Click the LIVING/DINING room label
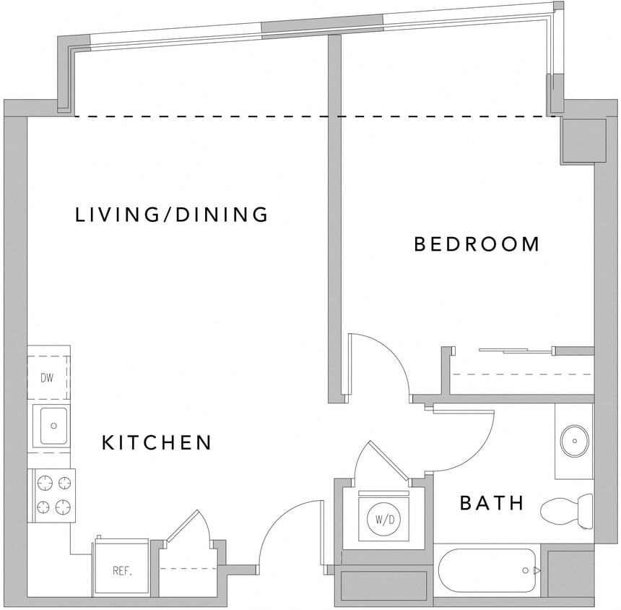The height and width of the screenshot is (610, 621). [x=172, y=215]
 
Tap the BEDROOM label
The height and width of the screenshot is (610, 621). [x=477, y=244]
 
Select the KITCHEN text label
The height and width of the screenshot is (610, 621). [x=157, y=442]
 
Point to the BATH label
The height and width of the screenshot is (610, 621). [x=492, y=503]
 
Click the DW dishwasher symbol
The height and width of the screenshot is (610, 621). [x=47, y=377]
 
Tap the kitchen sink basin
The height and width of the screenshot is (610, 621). [x=53, y=426]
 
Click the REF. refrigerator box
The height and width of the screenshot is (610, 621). [x=121, y=570]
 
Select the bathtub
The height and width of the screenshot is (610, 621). [x=487, y=571]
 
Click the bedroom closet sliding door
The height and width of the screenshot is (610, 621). [x=516, y=350]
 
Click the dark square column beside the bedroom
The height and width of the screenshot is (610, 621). [x=583, y=140]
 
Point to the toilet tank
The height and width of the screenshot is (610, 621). [x=586, y=512]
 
